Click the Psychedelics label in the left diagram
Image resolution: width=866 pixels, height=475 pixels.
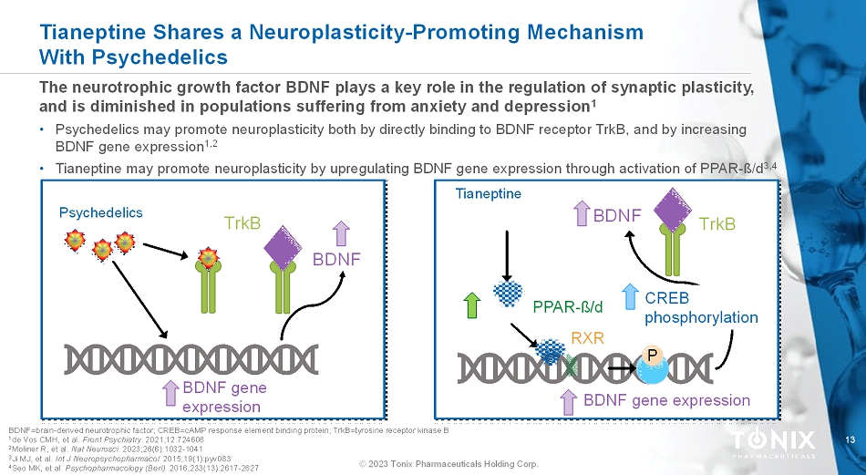click(101, 212)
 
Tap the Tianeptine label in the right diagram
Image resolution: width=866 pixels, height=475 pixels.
click(488, 193)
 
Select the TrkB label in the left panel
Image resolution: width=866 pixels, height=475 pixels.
click(242, 223)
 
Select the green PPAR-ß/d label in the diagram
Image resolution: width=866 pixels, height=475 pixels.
click(568, 305)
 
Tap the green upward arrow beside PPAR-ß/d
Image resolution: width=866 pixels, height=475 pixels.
click(471, 305)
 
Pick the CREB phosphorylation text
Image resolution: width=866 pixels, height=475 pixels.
click(701, 308)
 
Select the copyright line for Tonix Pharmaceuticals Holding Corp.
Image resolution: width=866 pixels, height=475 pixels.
click(448, 464)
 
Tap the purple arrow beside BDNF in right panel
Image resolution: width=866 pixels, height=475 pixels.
click(582, 216)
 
